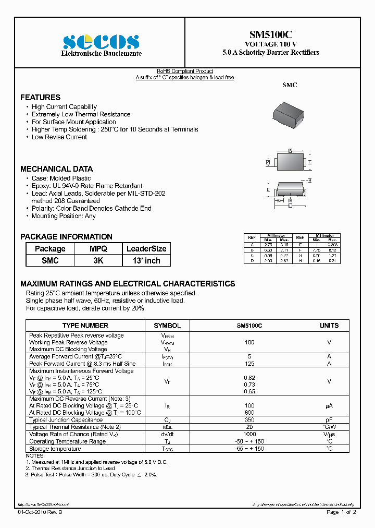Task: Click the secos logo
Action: point(101,42)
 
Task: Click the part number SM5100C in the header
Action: point(270,35)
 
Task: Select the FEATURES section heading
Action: point(40,98)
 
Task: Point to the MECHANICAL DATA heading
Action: point(56,169)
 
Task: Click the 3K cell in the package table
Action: point(98,260)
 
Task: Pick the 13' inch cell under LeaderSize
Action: point(146,260)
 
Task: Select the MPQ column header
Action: point(98,249)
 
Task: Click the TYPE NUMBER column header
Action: point(85,326)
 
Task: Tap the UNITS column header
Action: point(329,326)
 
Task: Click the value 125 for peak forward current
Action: point(249,364)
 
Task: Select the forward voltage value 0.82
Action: point(249,377)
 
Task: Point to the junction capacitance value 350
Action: point(249,419)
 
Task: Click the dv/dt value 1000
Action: point(249,435)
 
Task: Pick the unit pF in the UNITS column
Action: point(329,419)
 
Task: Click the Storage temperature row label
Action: point(55,449)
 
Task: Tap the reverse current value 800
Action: point(249,412)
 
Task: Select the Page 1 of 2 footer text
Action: point(341,512)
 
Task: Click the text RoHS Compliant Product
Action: point(185,71)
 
